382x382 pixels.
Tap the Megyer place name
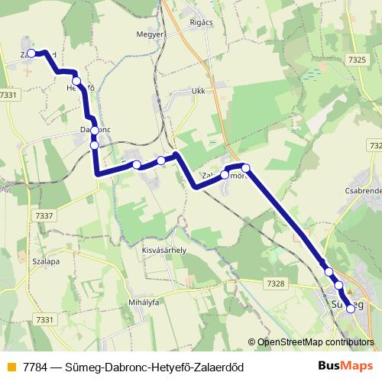coord(150,34)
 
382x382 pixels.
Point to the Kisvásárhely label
coord(164,250)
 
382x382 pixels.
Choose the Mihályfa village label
coord(143,303)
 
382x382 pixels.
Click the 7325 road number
coord(356,60)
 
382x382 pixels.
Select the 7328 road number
coord(276,283)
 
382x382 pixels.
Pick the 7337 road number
coord(45,216)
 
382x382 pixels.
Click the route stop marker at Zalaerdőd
coord(33,53)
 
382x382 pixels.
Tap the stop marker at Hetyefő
coord(76,80)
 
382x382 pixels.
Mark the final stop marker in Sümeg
coord(351,309)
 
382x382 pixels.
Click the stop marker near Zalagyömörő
coord(245,167)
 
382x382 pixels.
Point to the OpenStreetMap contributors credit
coord(315,342)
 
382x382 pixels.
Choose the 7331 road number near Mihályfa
coord(45,319)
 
